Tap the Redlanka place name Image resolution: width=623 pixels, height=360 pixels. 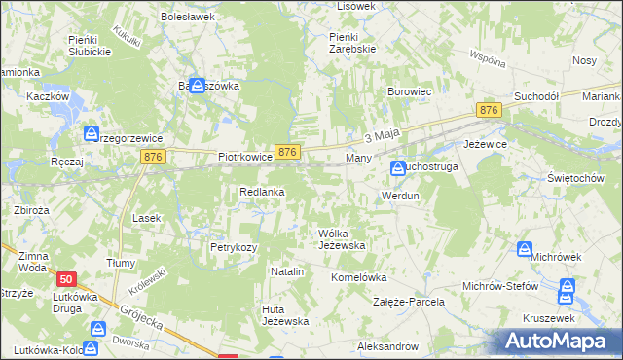(262, 193)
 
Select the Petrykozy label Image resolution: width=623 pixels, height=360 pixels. (234, 247)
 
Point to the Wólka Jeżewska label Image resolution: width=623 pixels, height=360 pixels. (342, 239)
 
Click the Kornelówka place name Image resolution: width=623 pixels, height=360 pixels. (360, 277)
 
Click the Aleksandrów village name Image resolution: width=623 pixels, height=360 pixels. (387, 346)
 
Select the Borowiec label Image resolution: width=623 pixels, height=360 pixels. (410, 92)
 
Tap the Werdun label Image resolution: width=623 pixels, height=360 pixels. (400, 196)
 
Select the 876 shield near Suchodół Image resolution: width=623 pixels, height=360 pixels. (489, 112)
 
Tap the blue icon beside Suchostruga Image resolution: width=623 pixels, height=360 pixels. (398, 168)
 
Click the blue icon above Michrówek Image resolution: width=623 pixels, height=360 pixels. (526, 250)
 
